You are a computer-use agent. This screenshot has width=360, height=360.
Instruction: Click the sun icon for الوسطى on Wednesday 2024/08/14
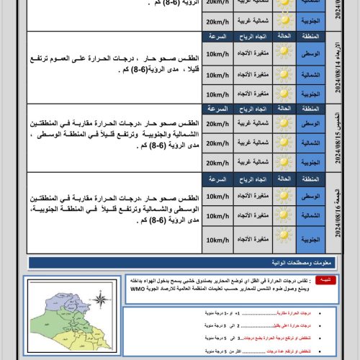(x=284, y=55)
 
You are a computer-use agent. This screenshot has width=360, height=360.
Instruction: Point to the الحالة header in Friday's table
(x=284, y=178)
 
